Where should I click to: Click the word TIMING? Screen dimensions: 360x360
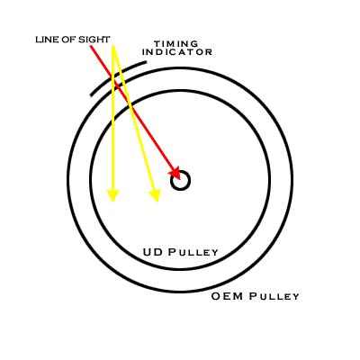176,44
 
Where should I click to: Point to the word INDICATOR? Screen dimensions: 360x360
177,52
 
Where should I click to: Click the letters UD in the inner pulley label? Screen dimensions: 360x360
153,252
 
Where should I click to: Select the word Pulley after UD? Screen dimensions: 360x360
193,252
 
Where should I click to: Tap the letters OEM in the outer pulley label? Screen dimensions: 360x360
227,296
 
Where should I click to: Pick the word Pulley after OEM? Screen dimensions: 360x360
274,296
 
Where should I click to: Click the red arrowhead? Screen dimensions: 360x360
175,173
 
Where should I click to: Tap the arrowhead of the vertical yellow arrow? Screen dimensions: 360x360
112,195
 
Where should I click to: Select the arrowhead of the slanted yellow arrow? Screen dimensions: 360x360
156,195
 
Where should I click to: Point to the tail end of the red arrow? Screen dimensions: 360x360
90,46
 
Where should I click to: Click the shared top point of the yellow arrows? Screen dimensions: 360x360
113,46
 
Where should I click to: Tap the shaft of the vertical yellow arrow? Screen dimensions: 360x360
113,118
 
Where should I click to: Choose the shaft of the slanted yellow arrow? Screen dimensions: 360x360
133,118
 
